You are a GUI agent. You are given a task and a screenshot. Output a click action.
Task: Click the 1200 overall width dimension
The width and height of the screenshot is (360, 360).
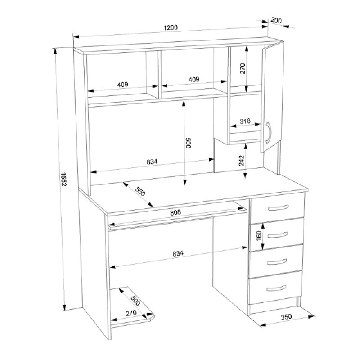[x=171, y=27]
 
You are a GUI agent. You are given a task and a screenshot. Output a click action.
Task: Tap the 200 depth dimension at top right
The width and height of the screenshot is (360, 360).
[x=276, y=20]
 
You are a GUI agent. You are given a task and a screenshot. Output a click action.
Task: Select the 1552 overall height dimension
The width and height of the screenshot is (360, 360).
[x=63, y=179]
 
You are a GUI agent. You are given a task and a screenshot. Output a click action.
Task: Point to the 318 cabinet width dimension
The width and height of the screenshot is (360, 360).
[x=245, y=121]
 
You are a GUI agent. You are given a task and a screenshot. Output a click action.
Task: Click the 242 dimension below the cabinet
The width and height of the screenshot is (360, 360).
[x=241, y=161]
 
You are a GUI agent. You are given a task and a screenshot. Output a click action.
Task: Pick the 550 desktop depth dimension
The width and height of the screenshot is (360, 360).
[x=140, y=192]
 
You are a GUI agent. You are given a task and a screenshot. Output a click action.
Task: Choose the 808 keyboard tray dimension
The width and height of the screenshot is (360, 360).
[x=175, y=212]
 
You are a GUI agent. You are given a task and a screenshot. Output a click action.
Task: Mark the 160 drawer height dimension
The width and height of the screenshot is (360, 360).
[x=259, y=235]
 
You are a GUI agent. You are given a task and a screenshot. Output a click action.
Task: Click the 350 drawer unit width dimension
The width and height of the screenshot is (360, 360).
[x=286, y=317]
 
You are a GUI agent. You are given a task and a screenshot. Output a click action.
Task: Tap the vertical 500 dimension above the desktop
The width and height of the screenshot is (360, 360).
[x=188, y=143]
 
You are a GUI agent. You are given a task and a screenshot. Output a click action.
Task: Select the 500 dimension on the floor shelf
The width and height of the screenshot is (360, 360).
[x=135, y=301]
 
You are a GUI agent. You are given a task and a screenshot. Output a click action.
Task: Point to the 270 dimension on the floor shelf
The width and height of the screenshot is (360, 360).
[x=131, y=313]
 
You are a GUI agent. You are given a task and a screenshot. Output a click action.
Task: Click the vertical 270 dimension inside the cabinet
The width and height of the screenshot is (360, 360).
[x=243, y=68]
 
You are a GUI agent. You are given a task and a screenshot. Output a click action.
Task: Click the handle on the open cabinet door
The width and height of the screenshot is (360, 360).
[x=269, y=133]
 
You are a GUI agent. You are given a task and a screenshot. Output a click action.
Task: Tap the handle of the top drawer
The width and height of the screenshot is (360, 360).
[x=278, y=207]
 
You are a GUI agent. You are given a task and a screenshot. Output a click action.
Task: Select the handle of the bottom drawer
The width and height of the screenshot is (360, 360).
[x=276, y=288]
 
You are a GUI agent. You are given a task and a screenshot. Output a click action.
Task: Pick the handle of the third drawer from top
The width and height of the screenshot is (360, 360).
[x=277, y=261]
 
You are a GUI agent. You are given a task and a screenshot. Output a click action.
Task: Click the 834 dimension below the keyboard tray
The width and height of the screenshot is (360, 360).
[x=178, y=253]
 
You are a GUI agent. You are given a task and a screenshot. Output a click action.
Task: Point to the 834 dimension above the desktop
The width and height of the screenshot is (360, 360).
[x=152, y=162]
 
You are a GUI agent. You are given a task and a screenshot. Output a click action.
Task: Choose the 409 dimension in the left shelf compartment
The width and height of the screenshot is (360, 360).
[x=122, y=85]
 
